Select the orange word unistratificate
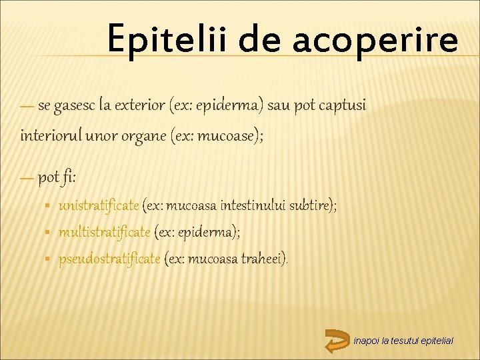click(x=99, y=205)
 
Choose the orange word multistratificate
click(x=105, y=232)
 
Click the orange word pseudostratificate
click(x=109, y=258)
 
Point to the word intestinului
click(x=259, y=205)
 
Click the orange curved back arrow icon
click(x=337, y=340)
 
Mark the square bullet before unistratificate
click(x=49, y=206)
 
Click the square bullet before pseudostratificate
click(x=49, y=259)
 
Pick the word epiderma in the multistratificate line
click(x=206, y=232)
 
